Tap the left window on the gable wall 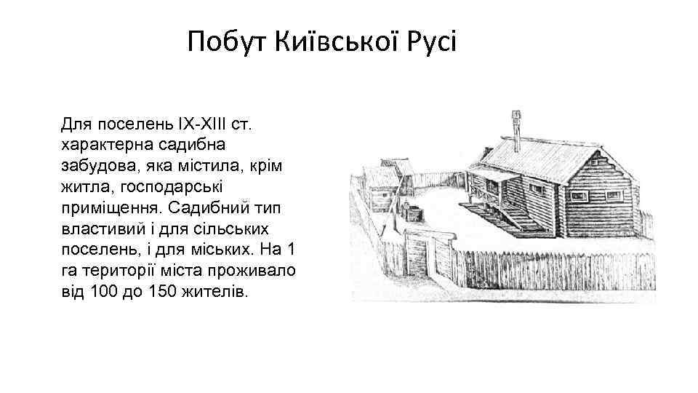(579, 196)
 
